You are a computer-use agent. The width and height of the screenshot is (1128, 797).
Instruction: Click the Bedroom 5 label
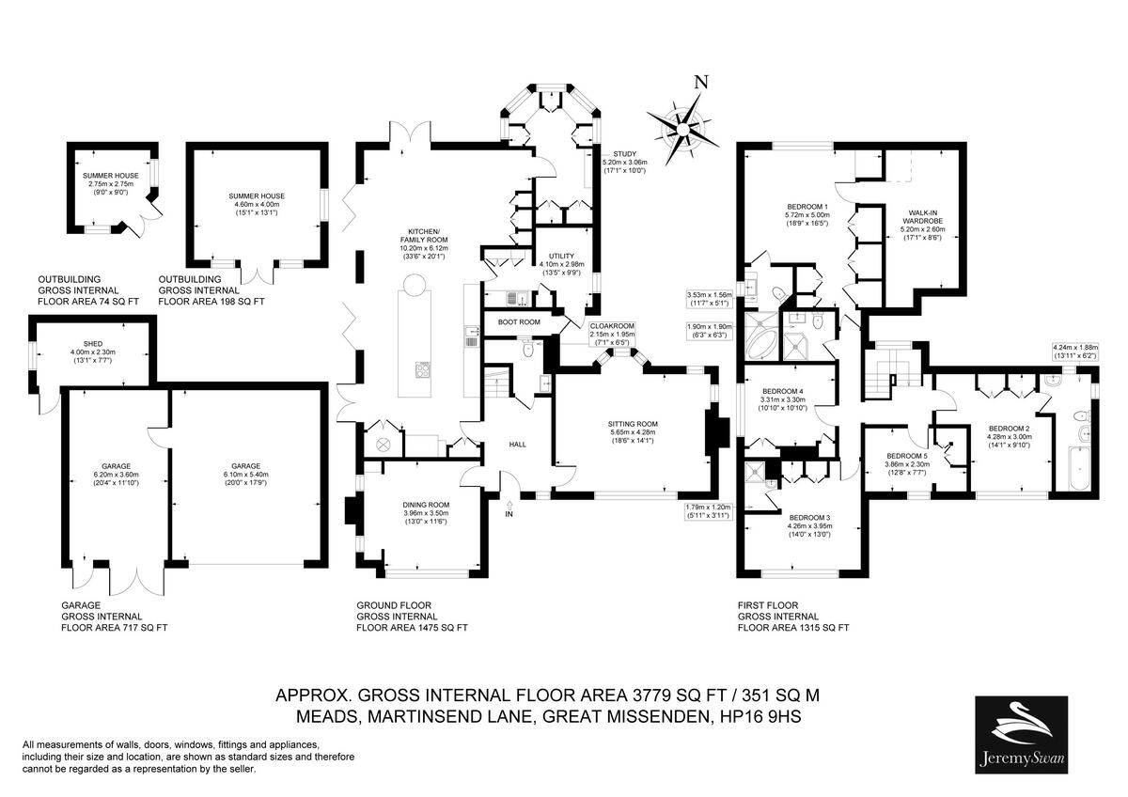click(907, 458)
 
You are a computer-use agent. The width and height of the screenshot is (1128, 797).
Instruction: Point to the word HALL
click(518, 444)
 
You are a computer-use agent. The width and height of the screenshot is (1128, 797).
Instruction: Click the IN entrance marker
click(509, 514)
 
